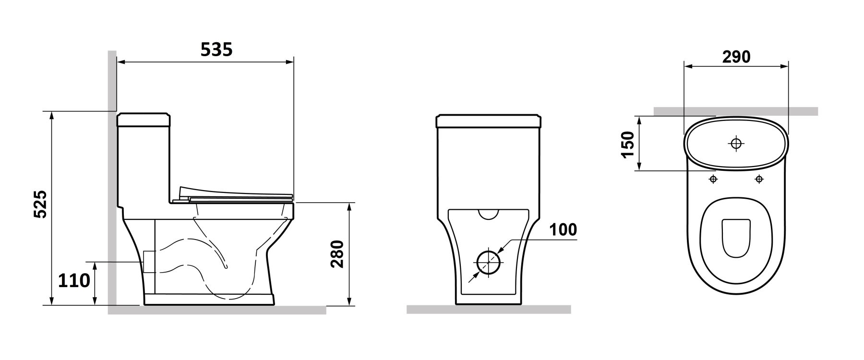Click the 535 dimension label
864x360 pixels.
coord(216,49)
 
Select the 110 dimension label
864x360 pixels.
coord(74,280)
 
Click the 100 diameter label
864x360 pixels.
coord(563,230)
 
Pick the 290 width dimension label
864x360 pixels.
coord(736,57)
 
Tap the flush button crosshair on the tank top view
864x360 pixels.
coord(735,144)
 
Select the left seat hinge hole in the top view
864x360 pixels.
coord(713,179)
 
